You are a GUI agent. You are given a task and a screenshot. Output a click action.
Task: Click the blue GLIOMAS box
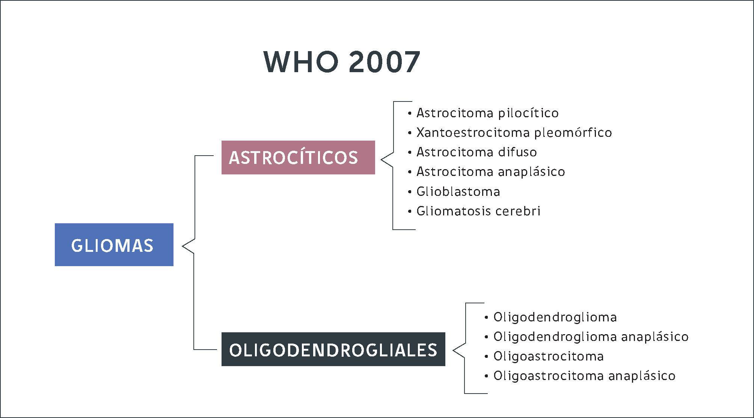click(114, 245)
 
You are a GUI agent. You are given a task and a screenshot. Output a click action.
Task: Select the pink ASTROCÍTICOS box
click(298, 158)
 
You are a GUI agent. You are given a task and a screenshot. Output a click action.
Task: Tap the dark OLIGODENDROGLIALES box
click(333, 349)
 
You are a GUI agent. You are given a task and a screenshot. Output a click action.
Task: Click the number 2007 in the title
click(384, 62)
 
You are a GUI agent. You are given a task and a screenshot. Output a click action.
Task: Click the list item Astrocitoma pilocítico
click(487, 113)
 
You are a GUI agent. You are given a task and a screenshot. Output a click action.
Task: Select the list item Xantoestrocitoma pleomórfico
click(514, 132)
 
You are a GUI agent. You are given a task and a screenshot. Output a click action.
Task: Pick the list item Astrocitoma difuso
click(477, 152)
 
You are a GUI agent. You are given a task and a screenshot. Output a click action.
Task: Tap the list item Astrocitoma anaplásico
click(491, 172)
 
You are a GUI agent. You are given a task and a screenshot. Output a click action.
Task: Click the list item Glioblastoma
click(458, 191)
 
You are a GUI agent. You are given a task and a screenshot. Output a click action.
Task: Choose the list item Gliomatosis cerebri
click(478, 211)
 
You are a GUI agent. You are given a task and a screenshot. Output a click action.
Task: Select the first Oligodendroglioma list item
click(555, 317)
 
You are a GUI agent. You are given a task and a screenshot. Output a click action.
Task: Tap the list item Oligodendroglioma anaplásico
click(591, 336)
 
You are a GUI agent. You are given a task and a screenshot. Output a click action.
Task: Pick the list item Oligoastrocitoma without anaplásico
click(549, 356)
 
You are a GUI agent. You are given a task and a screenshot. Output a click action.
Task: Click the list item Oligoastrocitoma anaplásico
click(584, 376)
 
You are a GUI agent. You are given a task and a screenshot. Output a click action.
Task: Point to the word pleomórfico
click(573, 133)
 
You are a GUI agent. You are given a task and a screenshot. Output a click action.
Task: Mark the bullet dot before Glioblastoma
click(410, 192)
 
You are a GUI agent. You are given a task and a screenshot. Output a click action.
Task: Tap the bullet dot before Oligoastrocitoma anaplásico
click(487, 376)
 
